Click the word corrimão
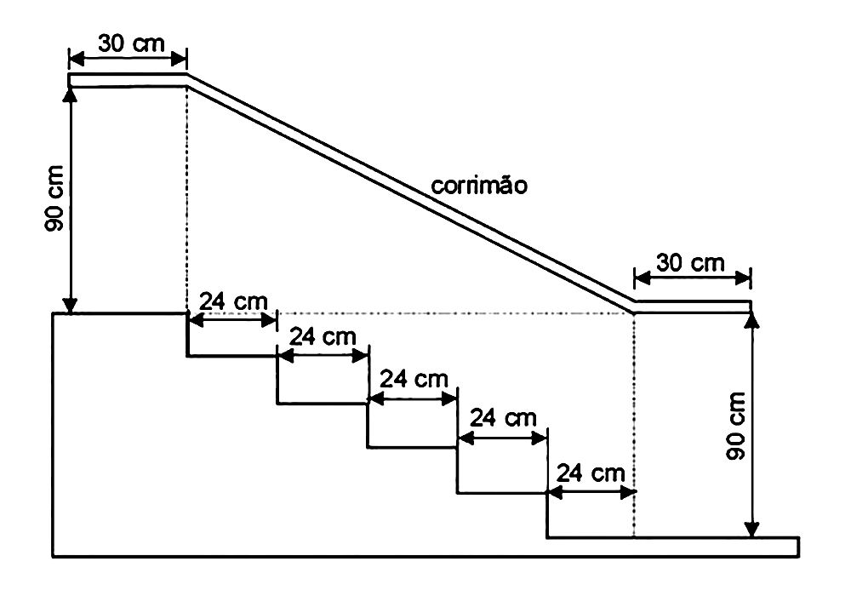pyautogui.click(x=479, y=186)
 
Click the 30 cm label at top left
pyautogui.click(x=131, y=43)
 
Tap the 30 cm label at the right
pyautogui.click(x=690, y=263)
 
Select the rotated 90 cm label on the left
pyautogui.click(x=54, y=198)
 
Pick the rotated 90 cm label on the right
pyautogui.click(x=736, y=426)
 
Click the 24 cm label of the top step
pyautogui.click(x=233, y=301)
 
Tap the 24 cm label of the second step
pyautogui.click(x=323, y=336)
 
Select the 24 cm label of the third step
pyautogui.click(x=414, y=378)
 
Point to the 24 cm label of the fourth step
pyautogui.click(x=503, y=418)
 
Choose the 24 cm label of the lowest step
pyautogui.click(x=591, y=473)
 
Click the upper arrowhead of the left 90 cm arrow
pyautogui.click(x=71, y=95)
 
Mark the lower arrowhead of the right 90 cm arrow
pyautogui.click(x=751, y=529)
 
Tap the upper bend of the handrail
pyautogui.click(x=187, y=80)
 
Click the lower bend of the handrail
pyautogui.click(x=635, y=307)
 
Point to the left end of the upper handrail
pyautogui.click(x=69, y=80)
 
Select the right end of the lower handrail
pyautogui.click(x=751, y=307)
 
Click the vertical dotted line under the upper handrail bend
pyautogui.click(x=187, y=199)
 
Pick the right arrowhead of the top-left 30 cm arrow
pyautogui.click(x=179, y=58)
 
